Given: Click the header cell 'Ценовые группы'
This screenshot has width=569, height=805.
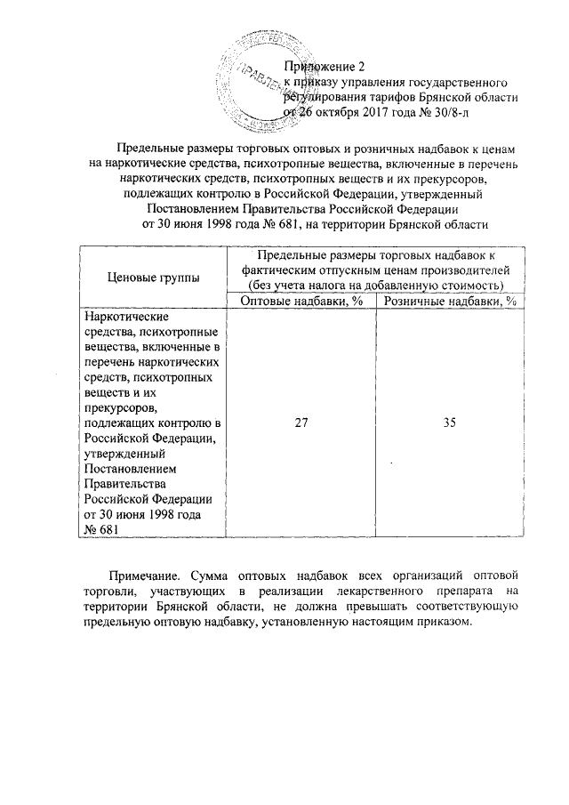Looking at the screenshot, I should pyautogui.click(x=154, y=278).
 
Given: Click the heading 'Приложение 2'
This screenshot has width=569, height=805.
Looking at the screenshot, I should pyautogui.click(x=324, y=66).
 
